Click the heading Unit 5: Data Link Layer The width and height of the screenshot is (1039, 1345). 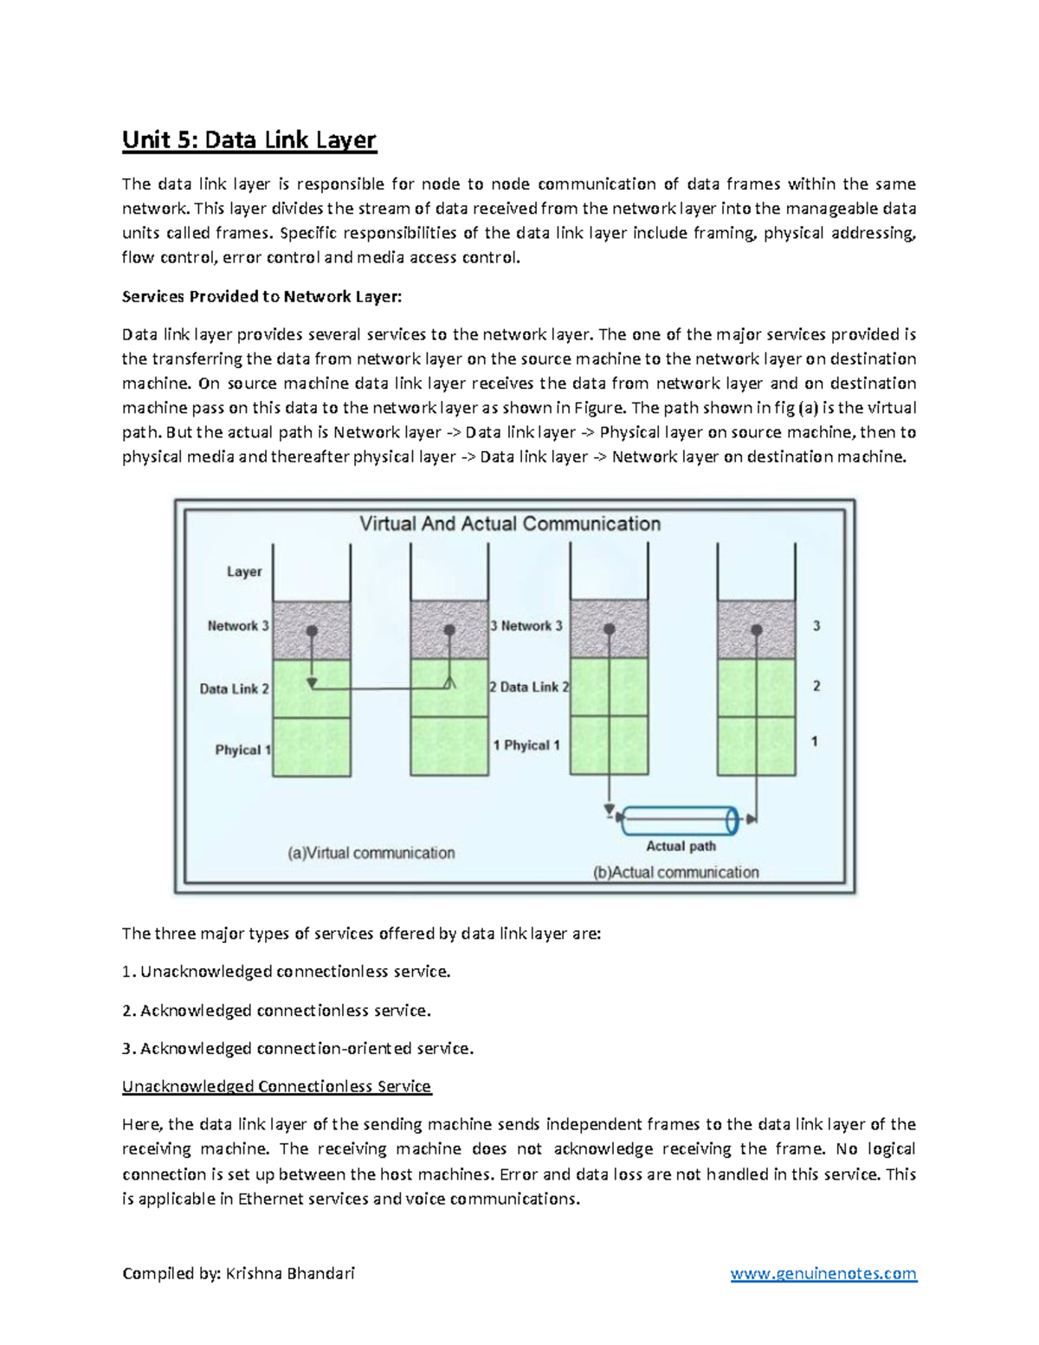248,139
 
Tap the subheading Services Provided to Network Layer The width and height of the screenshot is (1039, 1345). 261,296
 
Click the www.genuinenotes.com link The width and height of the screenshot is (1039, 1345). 823,1273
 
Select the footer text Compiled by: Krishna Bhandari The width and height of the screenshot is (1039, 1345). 238,1273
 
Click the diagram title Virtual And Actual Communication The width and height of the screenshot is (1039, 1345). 509,524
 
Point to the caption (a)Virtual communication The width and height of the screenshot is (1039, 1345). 371,853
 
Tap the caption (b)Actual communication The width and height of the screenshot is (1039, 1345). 675,872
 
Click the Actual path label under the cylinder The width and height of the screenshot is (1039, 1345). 681,846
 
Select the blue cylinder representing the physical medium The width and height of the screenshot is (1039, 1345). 680,819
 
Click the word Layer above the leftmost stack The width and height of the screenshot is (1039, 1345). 243,572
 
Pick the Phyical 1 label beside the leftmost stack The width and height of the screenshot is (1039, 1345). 242,750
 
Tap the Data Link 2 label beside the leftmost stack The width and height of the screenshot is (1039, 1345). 234,689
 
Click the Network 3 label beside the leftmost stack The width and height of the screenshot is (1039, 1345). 237,625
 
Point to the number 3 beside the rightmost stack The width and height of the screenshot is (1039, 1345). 816,625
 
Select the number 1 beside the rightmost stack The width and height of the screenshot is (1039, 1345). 814,741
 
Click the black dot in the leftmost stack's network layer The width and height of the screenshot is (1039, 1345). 312,631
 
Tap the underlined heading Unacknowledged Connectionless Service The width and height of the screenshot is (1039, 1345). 276,1086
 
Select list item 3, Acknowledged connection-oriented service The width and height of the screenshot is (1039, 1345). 298,1049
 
